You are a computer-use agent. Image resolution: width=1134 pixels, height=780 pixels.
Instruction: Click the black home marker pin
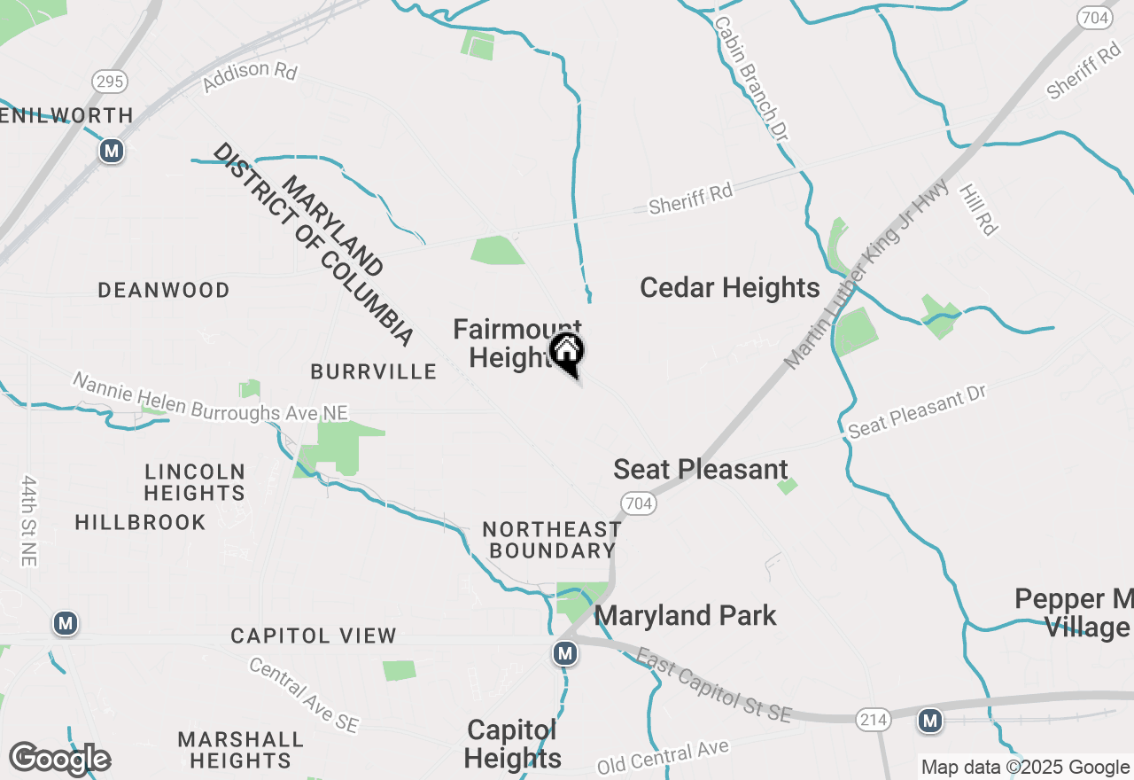[567, 352]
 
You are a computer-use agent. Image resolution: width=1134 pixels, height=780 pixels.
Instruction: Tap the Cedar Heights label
[729, 288]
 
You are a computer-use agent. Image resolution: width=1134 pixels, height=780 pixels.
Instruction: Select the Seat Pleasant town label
[700, 469]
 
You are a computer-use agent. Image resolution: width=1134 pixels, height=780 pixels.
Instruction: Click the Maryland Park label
[686, 615]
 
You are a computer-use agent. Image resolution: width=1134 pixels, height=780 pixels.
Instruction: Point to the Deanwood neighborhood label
[164, 290]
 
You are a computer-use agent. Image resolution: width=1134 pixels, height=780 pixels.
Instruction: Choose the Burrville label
[373, 371]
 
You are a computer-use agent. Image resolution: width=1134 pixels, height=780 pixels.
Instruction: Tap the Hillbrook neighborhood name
[140, 522]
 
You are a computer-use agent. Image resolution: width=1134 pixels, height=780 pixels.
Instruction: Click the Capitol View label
[314, 636]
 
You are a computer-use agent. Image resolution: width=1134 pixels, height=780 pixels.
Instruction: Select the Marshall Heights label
[240, 750]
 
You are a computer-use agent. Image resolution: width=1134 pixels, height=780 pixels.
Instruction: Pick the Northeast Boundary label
[552, 540]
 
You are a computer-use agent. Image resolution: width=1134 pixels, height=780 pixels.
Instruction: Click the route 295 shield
[109, 82]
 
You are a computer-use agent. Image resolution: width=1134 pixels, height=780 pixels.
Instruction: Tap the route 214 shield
[873, 721]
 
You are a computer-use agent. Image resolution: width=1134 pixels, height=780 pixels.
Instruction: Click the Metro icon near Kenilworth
[111, 151]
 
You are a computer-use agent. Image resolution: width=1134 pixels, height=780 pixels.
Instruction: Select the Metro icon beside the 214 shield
[929, 721]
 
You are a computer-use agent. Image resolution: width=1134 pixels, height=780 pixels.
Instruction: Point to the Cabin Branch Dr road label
[750, 78]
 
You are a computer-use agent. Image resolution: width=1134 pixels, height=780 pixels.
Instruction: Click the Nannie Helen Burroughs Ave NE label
[210, 398]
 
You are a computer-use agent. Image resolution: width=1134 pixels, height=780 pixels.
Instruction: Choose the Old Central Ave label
[663, 756]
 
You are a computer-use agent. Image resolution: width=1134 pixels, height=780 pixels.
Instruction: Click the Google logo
[60, 759]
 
